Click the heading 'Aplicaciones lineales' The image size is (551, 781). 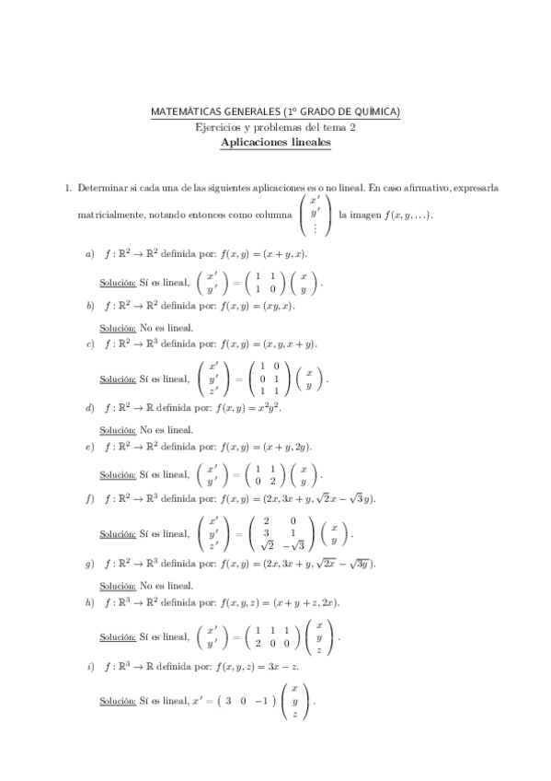276,144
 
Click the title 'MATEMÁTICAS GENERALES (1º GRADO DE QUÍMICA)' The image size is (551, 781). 276,112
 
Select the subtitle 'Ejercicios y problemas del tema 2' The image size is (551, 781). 276,128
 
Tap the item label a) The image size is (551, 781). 90,253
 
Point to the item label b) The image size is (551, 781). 90,305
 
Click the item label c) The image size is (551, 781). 90,344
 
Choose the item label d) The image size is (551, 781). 90,406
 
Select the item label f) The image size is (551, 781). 90,498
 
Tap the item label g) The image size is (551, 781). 90,563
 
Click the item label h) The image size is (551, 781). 90,602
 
